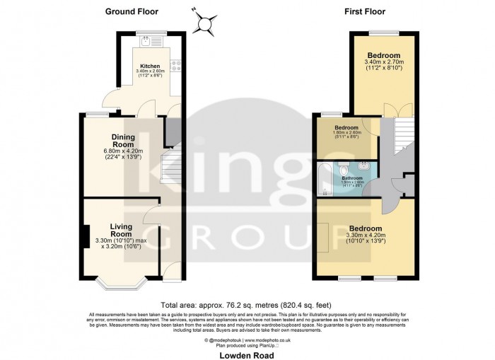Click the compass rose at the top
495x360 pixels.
[x=205, y=24]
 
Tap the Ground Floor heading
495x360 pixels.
[x=132, y=11]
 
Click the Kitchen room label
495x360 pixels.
[x=150, y=66]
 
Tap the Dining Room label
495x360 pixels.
[x=123, y=140]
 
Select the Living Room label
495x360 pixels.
[x=121, y=230]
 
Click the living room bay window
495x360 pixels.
[x=120, y=284]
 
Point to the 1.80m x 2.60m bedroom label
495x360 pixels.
[x=346, y=130]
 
